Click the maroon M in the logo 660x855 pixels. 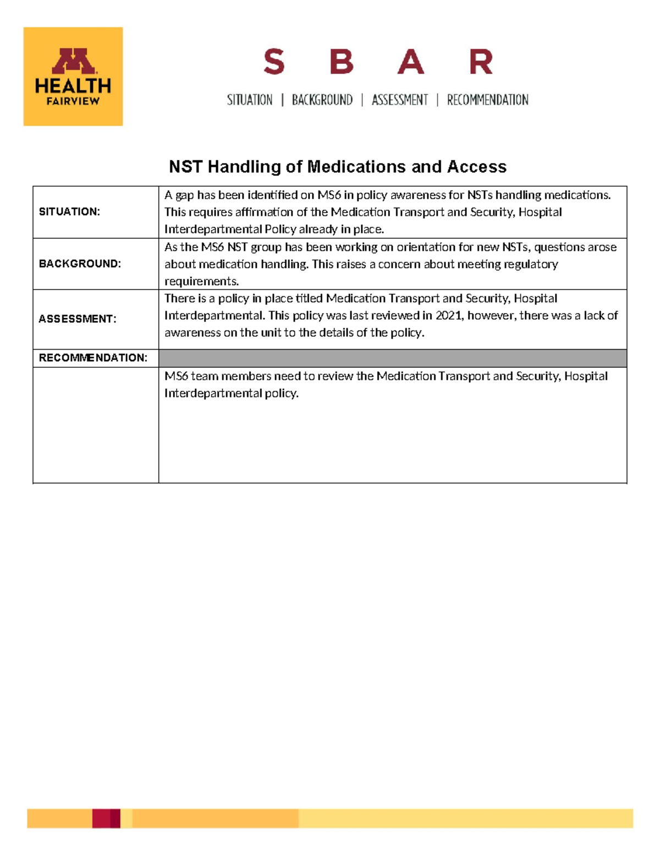[74, 61]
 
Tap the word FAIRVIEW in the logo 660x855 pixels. [73, 101]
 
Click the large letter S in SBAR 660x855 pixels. [274, 62]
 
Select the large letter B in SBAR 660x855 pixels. [342, 62]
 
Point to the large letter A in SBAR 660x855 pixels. [411, 62]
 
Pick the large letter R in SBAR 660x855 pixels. [481, 62]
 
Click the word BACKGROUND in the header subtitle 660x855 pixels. [322, 100]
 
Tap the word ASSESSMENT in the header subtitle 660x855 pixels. [400, 100]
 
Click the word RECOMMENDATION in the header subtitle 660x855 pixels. [487, 100]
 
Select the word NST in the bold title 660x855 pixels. [185, 167]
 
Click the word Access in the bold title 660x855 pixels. [477, 167]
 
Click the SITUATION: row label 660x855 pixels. [69, 212]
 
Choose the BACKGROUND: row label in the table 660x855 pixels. [80, 264]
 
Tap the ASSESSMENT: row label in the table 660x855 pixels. [78, 319]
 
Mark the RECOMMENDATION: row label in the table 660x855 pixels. [93, 358]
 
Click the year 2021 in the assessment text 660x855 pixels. [448, 315]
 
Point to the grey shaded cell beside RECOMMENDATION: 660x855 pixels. [393, 358]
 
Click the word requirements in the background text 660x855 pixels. [201, 281]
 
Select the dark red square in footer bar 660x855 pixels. [106, 818]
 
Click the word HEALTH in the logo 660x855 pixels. [73, 86]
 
